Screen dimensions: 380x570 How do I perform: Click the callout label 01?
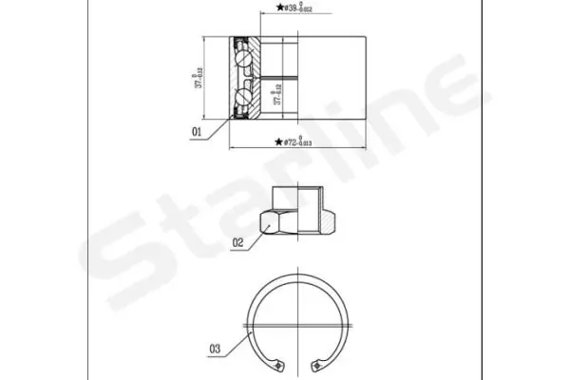point(197,133)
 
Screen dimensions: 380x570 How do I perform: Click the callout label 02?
point(237,241)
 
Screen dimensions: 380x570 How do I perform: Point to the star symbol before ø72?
point(278,142)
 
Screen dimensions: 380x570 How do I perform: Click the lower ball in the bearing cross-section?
point(246,97)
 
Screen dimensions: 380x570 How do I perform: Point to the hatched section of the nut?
point(326,221)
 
